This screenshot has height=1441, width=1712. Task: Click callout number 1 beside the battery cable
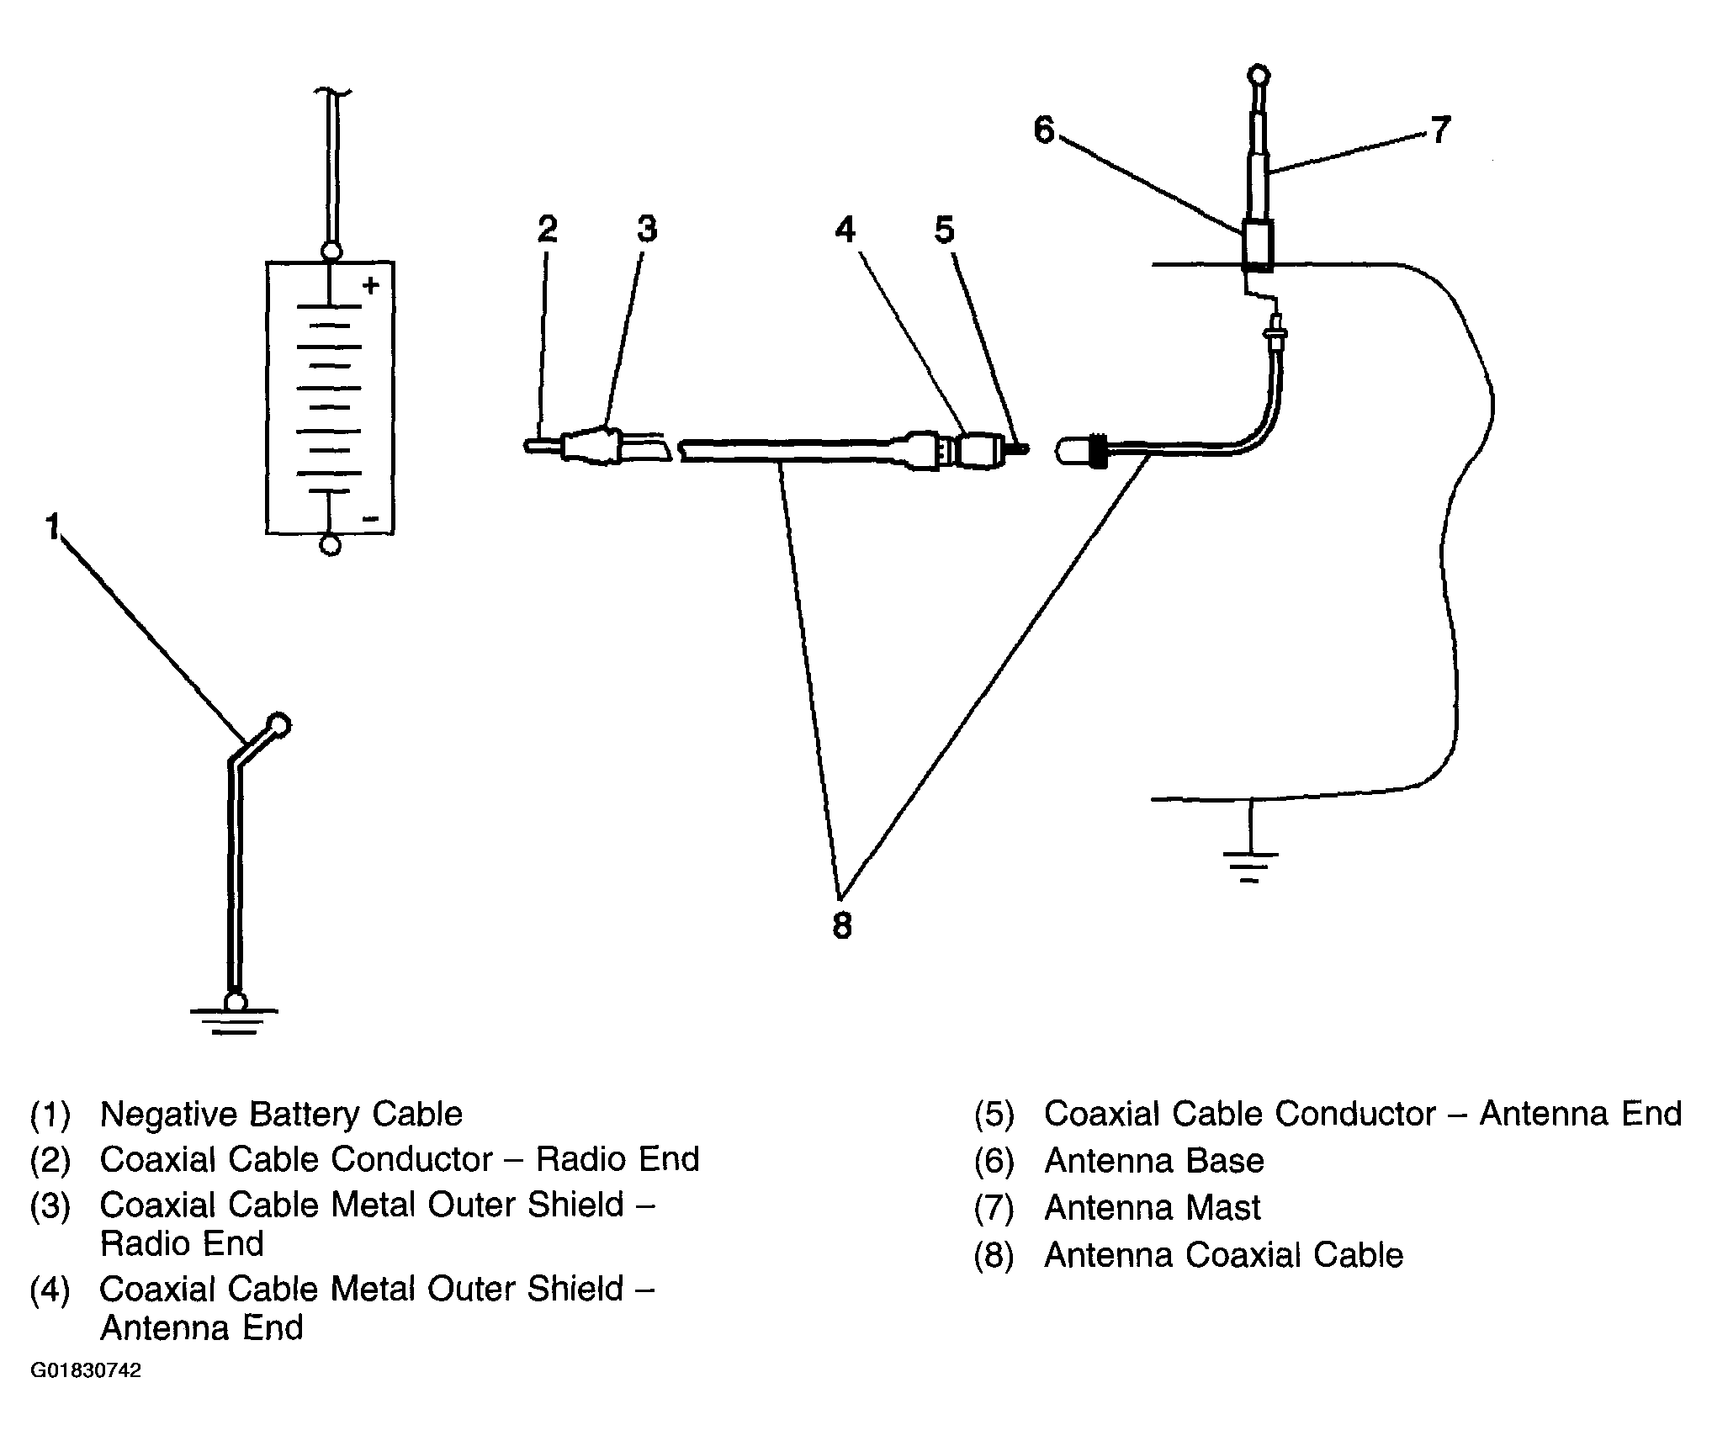[52, 527]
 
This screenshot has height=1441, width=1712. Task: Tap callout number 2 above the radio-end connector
[548, 229]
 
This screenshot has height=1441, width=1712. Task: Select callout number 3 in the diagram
[646, 229]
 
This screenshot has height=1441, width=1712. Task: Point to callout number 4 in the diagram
[845, 229]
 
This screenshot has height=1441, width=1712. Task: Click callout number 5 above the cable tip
[945, 229]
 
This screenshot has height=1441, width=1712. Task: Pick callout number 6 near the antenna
[1044, 130]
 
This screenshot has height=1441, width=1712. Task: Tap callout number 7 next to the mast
[1440, 130]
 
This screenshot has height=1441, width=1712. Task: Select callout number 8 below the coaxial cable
[842, 926]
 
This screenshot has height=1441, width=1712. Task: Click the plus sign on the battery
[370, 286]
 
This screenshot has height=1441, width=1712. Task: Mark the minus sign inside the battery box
[370, 518]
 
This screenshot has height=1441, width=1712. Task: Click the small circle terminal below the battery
[331, 546]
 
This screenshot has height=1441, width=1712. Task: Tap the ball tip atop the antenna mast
[1259, 76]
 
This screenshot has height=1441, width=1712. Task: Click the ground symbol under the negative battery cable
[235, 1017]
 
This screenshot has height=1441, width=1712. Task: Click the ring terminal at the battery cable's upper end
[278, 724]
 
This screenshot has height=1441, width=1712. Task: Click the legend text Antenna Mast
[1153, 1208]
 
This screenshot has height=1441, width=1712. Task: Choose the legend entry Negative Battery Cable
[281, 1115]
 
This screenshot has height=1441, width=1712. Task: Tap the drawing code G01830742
[86, 1371]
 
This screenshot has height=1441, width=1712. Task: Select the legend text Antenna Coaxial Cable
[1224, 1255]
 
